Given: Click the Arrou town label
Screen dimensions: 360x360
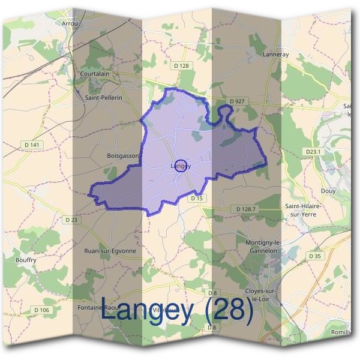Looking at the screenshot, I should (70, 23).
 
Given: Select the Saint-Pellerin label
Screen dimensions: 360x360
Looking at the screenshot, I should (103, 97).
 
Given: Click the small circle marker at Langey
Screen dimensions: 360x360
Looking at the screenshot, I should (180, 166).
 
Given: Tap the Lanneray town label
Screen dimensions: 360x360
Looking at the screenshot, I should (276, 54).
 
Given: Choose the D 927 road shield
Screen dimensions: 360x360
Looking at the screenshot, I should (237, 101).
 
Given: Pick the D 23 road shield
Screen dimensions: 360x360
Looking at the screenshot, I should (70, 220).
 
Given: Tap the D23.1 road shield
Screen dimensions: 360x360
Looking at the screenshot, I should (314, 152).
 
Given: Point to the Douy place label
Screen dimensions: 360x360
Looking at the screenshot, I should (328, 191).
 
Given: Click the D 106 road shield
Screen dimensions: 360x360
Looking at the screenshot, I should (41, 310).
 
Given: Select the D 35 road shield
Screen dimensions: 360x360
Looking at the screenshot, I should (315, 256).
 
